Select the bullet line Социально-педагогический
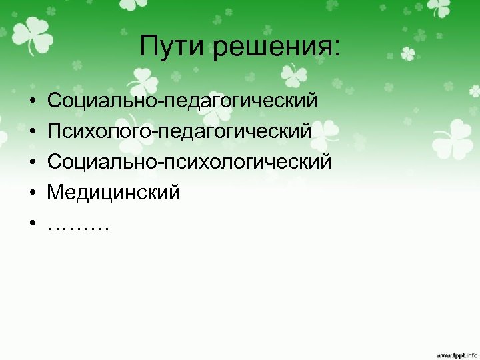(x=182, y=102)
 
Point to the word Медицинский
(x=113, y=193)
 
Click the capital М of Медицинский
(x=55, y=193)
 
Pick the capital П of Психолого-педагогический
(x=54, y=131)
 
